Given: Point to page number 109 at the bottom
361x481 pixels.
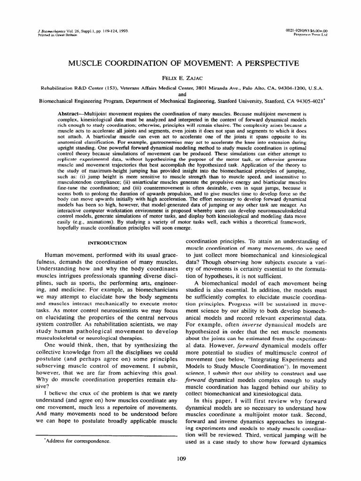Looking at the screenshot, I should point(180,459).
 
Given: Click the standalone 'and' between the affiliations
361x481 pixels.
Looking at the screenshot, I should point(180,93).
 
